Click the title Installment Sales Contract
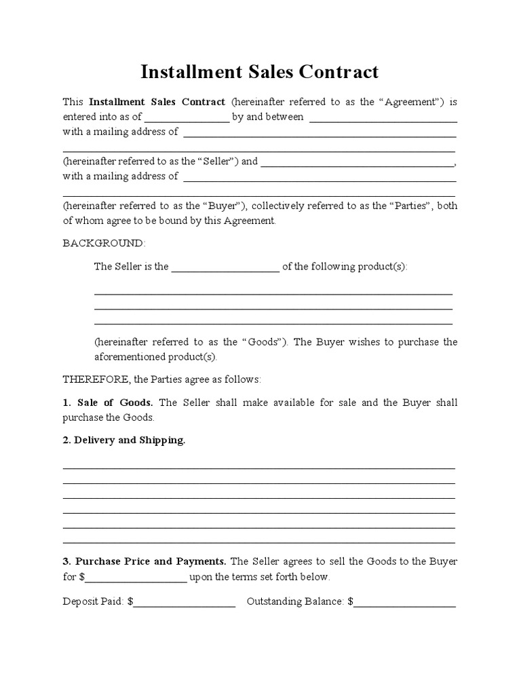(x=260, y=72)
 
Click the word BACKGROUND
(x=103, y=243)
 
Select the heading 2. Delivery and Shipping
(x=124, y=440)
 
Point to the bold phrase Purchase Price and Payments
(x=151, y=561)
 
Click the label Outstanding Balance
(x=296, y=601)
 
